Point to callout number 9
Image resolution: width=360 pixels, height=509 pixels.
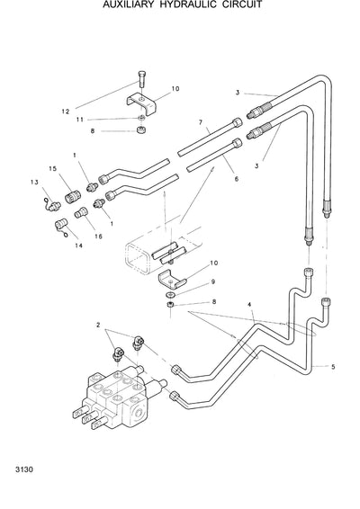(213, 281)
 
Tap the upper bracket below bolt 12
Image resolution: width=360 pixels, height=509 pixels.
(144, 101)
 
